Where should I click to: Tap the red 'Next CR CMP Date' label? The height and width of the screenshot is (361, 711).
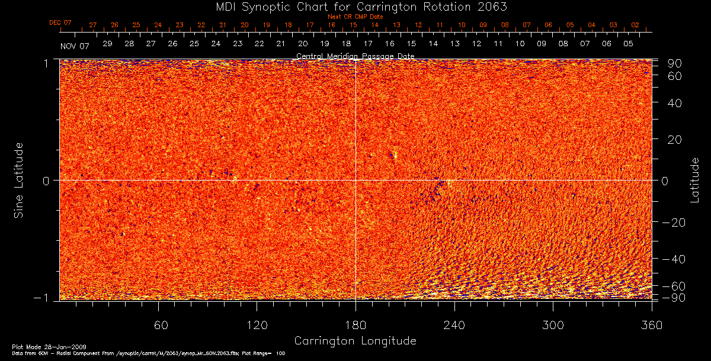coord(355,17)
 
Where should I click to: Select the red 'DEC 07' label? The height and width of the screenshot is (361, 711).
coord(60,23)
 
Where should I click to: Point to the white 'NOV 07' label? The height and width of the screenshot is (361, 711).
coord(75,46)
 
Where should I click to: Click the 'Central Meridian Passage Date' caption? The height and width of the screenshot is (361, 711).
coord(355,56)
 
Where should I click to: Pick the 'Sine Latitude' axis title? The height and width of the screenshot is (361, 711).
coord(19,179)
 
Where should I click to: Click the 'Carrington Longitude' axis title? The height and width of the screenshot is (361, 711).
coord(355,341)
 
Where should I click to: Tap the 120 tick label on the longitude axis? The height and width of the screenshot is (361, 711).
coord(257,325)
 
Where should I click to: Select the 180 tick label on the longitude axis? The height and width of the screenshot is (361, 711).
coord(355,325)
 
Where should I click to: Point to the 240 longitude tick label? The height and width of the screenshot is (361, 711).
coord(454,325)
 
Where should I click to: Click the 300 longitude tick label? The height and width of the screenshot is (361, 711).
coord(553,325)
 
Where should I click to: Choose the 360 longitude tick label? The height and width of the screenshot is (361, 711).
coord(651,325)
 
